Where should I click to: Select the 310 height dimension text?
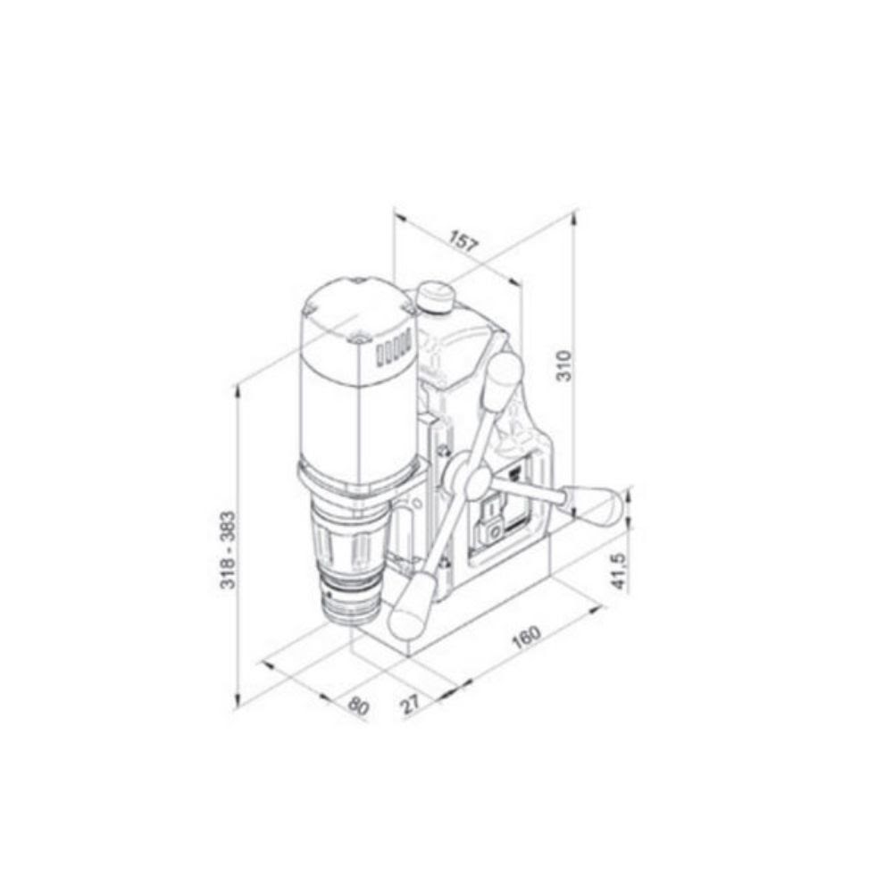(x=563, y=364)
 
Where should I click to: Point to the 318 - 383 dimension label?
(x=228, y=549)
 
